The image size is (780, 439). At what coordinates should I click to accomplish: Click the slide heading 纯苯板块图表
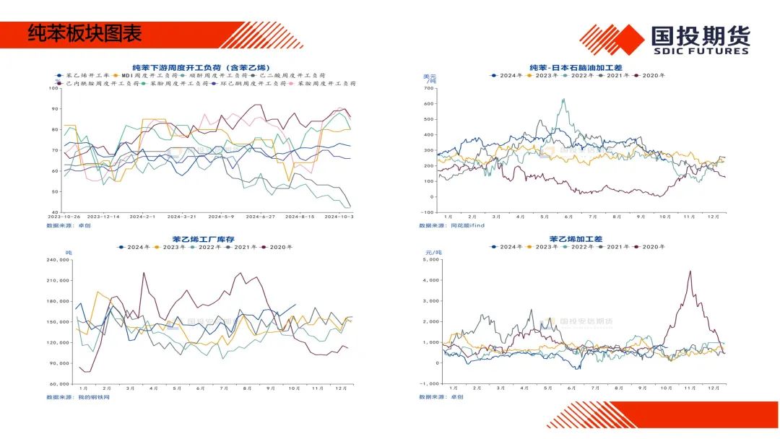click(84, 33)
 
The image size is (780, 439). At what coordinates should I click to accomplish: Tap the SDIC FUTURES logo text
click(700, 51)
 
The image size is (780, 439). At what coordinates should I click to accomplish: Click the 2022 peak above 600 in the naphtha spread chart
click(563, 100)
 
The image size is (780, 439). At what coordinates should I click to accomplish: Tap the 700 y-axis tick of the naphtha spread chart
click(427, 87)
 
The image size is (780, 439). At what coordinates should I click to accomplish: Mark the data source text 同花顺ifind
click(467, 225)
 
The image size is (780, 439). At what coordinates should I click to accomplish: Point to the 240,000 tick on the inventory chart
click(58, 260)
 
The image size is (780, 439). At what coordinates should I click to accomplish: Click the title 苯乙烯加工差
click(576, 239)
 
